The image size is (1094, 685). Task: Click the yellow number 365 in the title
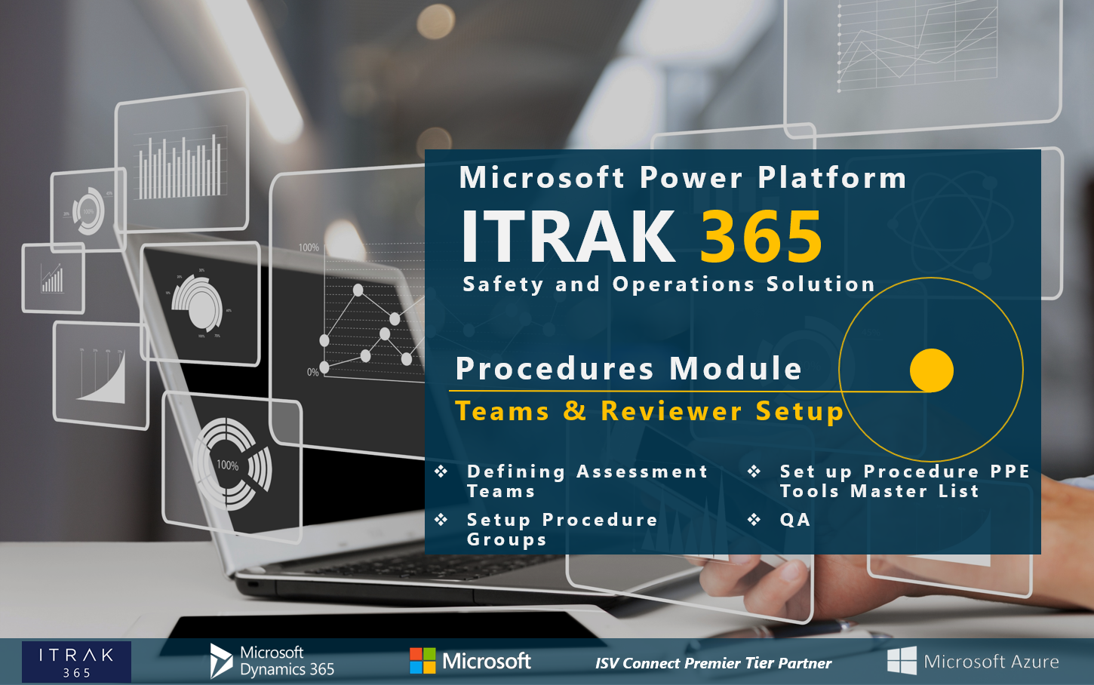tap(761, 236)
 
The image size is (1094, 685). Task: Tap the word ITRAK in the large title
tap(568, 236)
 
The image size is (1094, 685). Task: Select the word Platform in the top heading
tap(831, 178)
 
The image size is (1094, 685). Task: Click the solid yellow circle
tap(932, 370)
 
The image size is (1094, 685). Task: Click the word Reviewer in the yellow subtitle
tap(671, 411)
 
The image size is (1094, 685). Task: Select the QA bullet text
tap(794, 520)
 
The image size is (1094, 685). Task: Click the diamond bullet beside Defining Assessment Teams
tap(441, 472)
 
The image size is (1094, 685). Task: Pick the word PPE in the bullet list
tap(1009, 472)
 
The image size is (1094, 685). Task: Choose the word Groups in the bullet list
tap(506, 540)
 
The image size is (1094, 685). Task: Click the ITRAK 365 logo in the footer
tap(76, 662)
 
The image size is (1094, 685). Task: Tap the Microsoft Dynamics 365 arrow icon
tap(220, 660)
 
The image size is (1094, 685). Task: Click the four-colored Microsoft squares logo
tap(423, 661)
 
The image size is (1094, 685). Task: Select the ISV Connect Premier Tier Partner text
tap(713, 663)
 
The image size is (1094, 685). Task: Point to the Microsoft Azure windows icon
tap(902, 661)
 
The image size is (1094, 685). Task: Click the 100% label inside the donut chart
tap(227, 465)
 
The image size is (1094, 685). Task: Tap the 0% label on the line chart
tap(312, 372)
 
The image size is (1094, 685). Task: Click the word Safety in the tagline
tap(502, 284)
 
